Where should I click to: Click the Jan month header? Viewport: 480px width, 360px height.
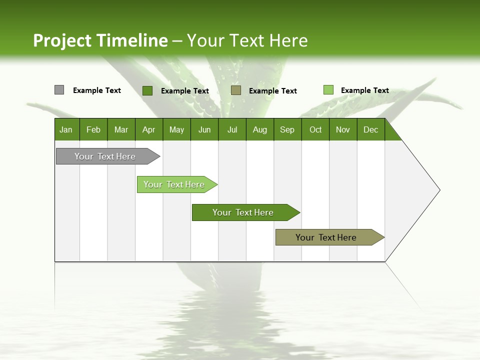tap(66, 129)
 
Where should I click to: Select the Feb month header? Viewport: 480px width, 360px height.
tap(93, 129)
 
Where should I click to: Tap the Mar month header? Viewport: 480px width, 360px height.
tap(121, 129)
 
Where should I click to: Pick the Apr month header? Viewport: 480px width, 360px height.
tap(149, 129)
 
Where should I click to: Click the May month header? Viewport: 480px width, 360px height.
tap(176, 129)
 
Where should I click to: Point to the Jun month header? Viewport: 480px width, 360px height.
tap(204, 129)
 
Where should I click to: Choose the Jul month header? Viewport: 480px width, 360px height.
tap(232, 129)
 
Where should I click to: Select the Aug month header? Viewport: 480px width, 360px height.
tap(260, 129)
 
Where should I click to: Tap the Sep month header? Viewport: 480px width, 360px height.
tap(287, 129)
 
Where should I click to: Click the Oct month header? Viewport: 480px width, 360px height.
tap(315, 129)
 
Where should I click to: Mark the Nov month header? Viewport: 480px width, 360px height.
tap(343, 129)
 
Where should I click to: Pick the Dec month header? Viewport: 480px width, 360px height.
tap(371, 129)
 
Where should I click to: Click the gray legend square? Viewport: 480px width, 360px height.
tap(59, 90)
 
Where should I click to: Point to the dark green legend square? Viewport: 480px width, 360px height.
tap(147, 90)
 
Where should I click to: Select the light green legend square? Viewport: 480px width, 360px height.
tap(328, 90)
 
